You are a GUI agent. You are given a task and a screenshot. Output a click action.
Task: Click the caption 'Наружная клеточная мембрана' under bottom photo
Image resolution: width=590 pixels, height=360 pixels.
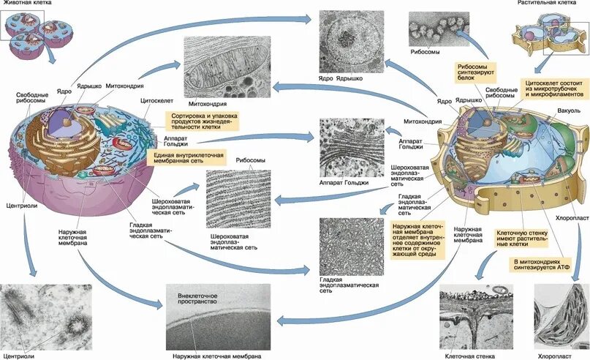coord(213,355)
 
